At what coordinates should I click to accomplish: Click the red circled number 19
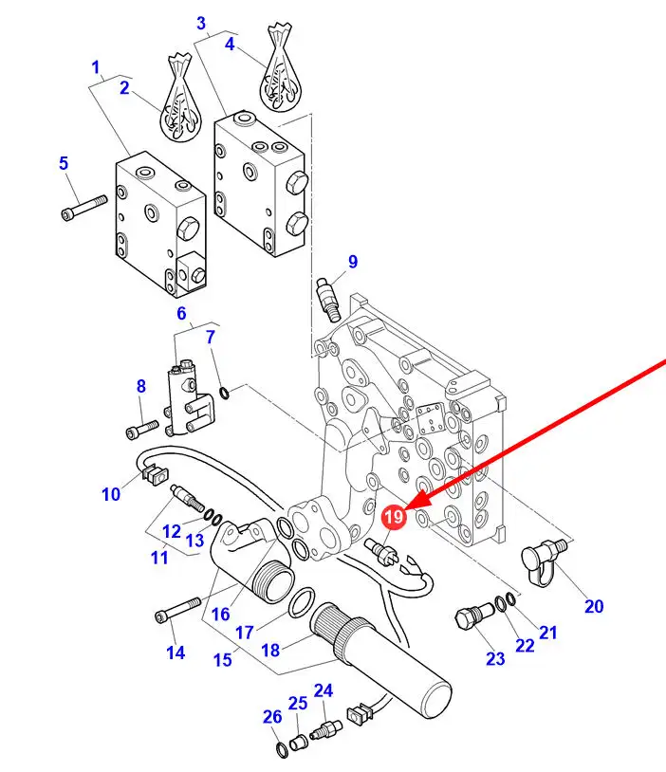(x=394, y=517)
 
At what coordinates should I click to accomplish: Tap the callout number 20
(x=594, y=606)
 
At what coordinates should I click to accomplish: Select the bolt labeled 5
(x=84, y=208)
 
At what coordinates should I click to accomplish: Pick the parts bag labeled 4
(x=280, y=68)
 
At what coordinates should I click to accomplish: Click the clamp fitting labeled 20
(x=544, y=561)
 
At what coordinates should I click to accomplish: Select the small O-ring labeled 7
(x=224, y=393)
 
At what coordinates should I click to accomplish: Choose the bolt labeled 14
(x=177, y=610)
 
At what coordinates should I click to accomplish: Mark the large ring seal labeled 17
(x=302, y=602)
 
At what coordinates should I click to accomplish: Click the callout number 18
(x=270, y=650)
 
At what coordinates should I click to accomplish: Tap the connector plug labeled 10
(x=155, y=474)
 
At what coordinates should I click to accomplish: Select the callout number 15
(x=223, y=659)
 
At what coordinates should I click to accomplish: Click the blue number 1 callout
(x=96, y=67)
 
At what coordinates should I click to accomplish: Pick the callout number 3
(x=201, y=23)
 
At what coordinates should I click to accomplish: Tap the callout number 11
(x=159, y=558)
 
